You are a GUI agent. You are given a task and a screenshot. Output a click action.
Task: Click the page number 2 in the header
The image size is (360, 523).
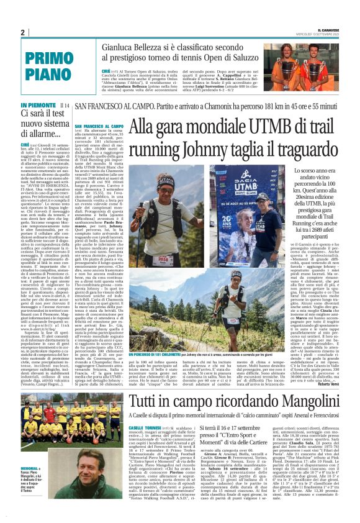click(22, 32)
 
